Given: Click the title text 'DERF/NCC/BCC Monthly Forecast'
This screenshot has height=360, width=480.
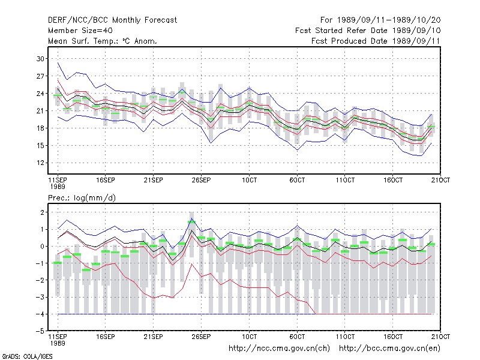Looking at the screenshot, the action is click(x=112, y=20).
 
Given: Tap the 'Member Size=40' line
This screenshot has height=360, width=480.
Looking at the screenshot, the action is click(x=80, y=31).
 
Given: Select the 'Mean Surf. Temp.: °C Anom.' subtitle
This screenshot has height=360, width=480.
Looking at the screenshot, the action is click(x=103, y=41).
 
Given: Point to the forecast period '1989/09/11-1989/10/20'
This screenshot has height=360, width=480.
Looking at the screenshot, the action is click(x=389, y=20).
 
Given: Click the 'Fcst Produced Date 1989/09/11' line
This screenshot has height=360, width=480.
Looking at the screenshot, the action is click(x=376, y=41).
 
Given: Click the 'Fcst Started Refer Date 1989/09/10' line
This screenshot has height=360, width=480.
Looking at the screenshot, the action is click(x=368, y=31).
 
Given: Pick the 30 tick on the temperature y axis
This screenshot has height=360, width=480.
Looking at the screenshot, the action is click(x=40, y=59).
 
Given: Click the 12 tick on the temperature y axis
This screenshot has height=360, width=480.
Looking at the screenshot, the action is click(x=40, y=163).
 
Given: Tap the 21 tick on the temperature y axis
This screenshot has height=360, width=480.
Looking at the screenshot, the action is click(x=40, y=111).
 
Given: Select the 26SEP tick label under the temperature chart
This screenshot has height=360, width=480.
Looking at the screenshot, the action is click(x=201, y=180).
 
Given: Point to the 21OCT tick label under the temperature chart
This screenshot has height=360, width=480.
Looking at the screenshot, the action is click(x=440, y=180).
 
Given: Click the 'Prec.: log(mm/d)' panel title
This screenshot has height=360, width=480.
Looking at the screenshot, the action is click(x=82, y=198).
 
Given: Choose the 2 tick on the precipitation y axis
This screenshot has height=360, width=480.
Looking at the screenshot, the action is click(x=42, y=212).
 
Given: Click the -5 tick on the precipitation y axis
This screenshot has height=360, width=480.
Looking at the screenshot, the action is click(x=40, y=331).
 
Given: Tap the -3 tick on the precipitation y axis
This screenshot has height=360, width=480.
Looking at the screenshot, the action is click(x=40, y=297).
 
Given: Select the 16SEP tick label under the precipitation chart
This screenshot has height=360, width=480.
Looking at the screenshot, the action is click(x=106, y=337).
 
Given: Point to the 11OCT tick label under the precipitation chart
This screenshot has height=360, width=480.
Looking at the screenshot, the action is click(x=345, y=337).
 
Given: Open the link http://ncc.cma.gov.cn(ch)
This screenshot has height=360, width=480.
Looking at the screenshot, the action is click(x=279, y=349).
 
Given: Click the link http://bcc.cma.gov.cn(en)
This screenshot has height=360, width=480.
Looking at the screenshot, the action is click(x=389, y=349).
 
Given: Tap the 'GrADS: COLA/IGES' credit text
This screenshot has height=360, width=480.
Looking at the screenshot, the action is click(x=28, y=356).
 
